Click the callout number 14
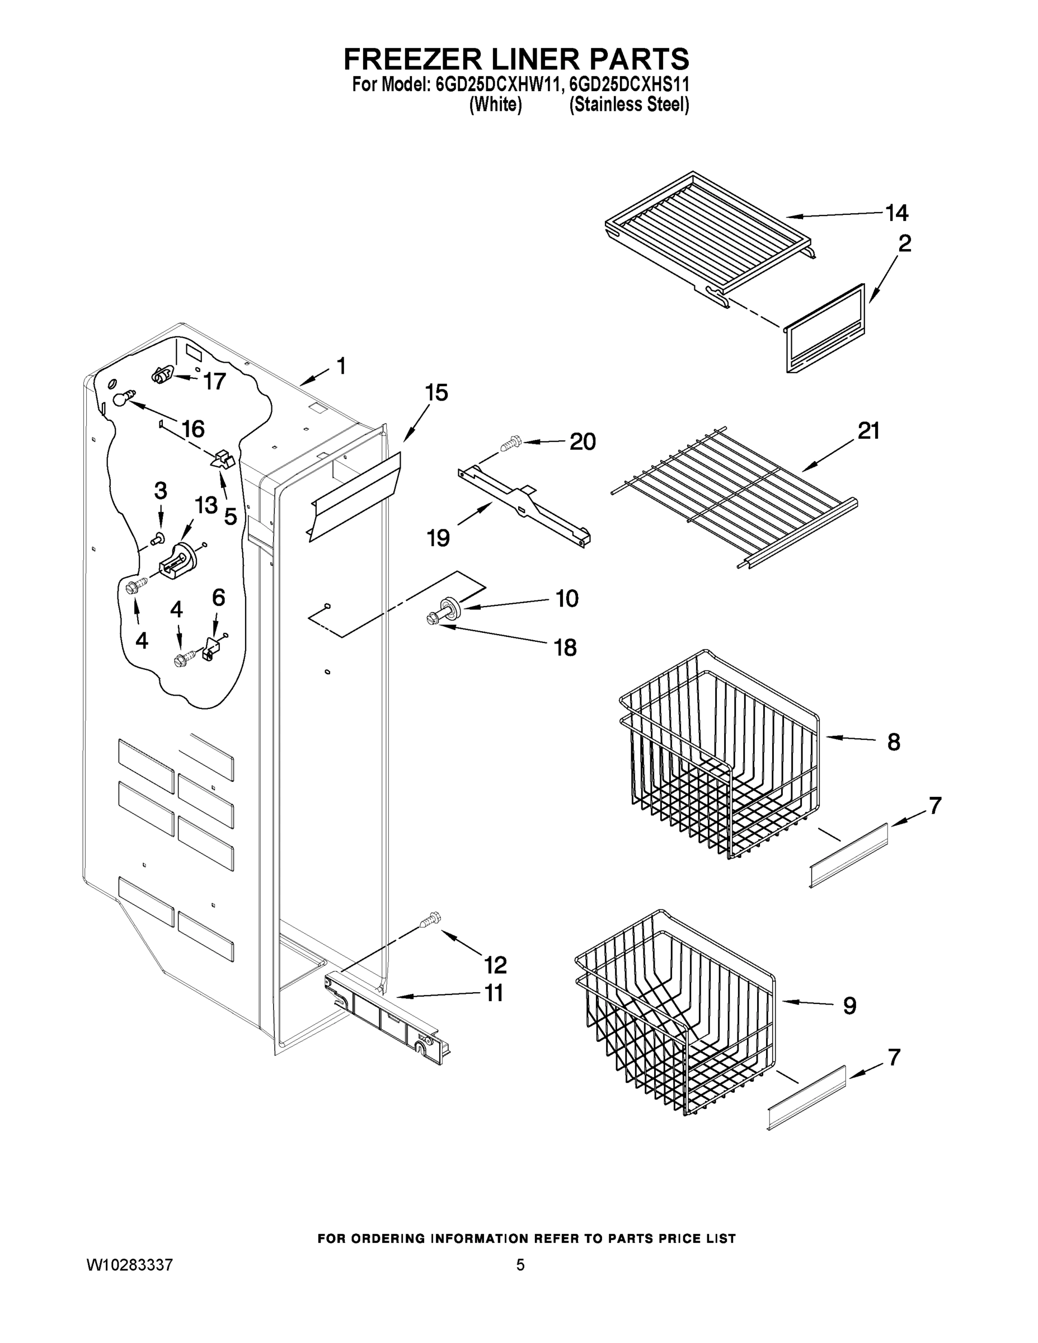click(896, 213)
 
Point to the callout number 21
click(868, 431)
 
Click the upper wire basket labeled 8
click(720, 757)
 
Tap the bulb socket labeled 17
click(161, 374)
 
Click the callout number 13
click(206, 505)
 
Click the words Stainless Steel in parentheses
click(629, 105)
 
